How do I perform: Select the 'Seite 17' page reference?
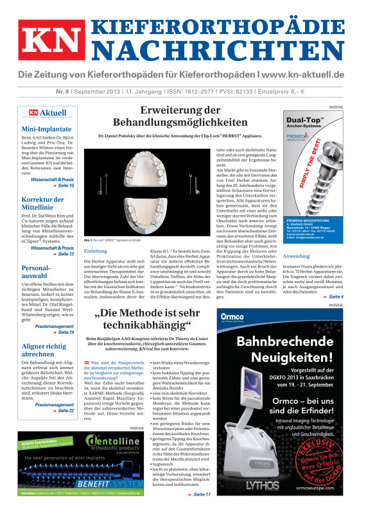click(x=200, y=495)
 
